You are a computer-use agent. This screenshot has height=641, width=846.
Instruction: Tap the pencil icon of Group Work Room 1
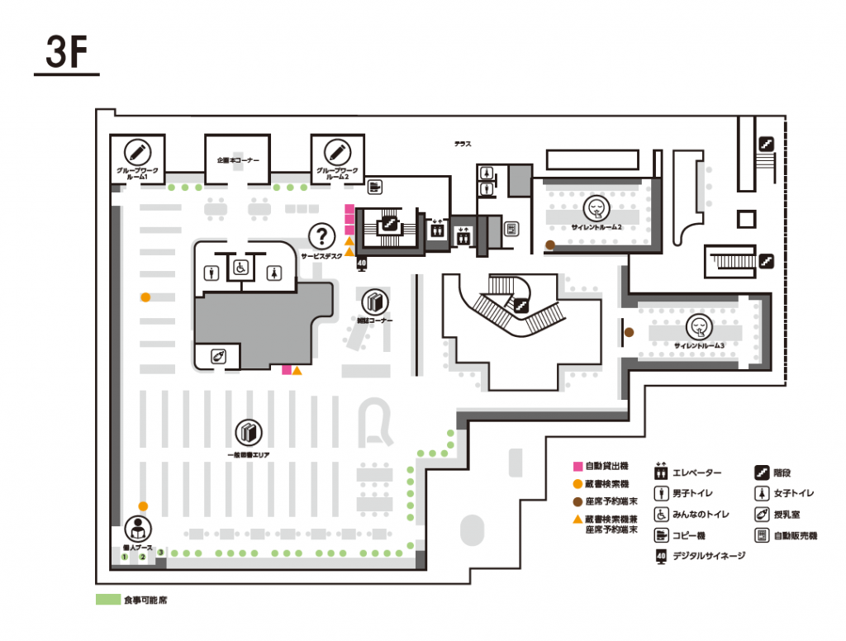tap(137, 152)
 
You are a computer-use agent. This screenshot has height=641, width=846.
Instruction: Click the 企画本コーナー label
tap(238, 159)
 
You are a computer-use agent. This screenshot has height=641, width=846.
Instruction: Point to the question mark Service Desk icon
tap(321, 236)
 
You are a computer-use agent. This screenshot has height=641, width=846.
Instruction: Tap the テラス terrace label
tap(463, 145)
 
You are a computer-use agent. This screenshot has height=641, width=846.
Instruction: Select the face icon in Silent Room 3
tap(699, 327)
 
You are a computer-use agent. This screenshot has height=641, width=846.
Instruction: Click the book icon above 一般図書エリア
tap(249, 432)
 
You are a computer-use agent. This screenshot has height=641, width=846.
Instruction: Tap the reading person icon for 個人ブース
tap(137, 529)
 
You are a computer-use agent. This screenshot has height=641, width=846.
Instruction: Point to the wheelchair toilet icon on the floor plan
tap(240, 268)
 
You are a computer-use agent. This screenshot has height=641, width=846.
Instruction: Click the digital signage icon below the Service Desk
tap(361, 264)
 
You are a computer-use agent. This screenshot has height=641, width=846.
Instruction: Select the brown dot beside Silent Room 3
tap(629, 332)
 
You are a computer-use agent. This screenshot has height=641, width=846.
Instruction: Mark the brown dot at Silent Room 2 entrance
tap(550, 245)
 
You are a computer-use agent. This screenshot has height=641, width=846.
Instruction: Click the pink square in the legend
tap(577, 467)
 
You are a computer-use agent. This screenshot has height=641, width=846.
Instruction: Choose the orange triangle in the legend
tap(577, 520)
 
